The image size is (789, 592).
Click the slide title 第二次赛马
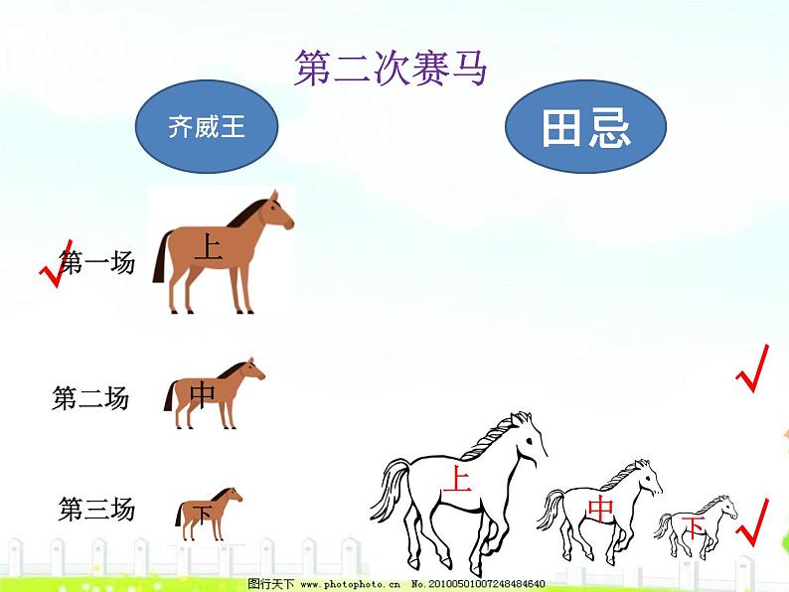[391, 68]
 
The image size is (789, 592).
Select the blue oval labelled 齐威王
[207, 126]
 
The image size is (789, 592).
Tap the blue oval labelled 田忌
[585, 127]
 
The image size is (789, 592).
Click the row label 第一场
[97, 262]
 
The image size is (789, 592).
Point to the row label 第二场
[90, 398]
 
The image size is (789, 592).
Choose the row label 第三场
[96, 509]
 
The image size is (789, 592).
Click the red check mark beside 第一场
[56, 263]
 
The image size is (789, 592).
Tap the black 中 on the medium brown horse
[203, 395]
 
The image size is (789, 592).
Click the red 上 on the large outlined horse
[457, 478]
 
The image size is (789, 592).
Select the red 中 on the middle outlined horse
[601, 509]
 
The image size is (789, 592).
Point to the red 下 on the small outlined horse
[695, 527]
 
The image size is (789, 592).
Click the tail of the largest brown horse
[162, 256]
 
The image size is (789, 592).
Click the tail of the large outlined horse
[389, 488]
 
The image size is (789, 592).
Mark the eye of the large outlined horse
[530, 441]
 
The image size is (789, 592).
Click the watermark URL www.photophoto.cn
[350, 584]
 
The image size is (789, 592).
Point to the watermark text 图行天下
[270, 584]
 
